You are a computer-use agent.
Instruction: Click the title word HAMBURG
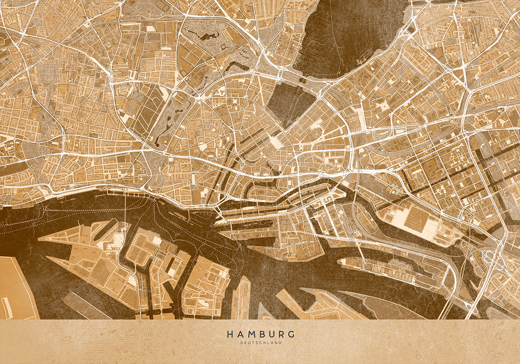(x=260, y=334)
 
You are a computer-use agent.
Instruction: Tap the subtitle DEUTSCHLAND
(x=260, y=343)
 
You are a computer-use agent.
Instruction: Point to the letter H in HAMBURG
(x=229, y=334)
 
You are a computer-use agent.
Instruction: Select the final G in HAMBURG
(x=291, y=334)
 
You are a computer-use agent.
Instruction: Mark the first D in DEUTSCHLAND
(x=241, y=343)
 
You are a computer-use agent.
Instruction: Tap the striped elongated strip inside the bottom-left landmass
(x=6, y=308)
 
